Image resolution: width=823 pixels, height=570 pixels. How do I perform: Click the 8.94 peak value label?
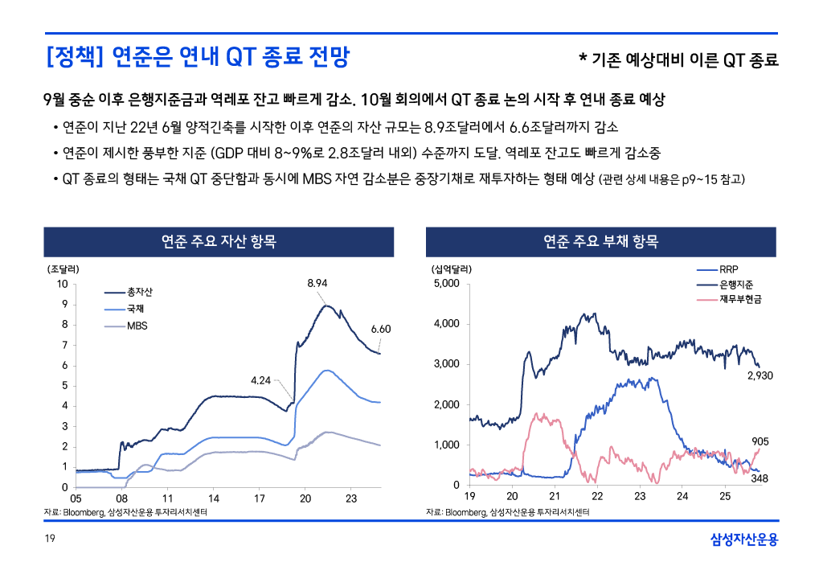coord(318,283)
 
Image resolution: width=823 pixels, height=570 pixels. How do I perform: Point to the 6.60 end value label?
coord(380,329)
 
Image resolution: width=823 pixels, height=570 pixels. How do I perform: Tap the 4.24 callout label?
coord(261,380)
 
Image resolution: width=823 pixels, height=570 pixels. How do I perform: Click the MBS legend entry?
coord(137,326)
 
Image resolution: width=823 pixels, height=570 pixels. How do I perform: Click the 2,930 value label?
coord(760,375)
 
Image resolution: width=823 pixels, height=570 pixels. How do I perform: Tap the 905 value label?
coord(760,441)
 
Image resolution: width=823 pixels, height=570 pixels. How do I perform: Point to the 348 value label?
coord(760,479)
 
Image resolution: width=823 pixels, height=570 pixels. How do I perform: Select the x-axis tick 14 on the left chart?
coord(214,499)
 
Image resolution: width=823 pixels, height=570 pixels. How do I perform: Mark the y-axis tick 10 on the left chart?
coord(62,284)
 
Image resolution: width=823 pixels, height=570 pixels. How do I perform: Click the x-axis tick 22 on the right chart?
coord(597,496)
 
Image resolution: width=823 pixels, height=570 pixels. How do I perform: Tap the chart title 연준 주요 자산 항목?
coord(219,241)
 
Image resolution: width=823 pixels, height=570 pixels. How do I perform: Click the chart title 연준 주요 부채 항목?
coord(600,241)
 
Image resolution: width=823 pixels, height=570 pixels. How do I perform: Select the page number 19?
coord(49,539)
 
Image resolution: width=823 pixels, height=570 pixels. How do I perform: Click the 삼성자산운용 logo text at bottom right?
coord(744,539)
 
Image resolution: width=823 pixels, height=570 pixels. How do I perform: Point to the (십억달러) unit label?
coord(452,269)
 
